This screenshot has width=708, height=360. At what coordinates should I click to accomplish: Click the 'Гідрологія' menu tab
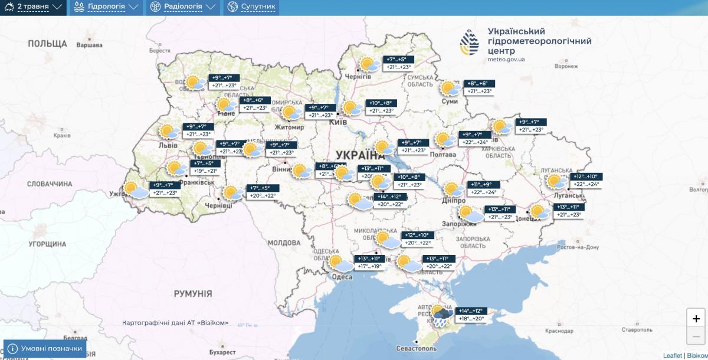click(106, 7)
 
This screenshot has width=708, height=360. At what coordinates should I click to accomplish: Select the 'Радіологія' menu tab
click(182, 7)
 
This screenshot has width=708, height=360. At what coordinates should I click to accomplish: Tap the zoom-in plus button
click(696, 318)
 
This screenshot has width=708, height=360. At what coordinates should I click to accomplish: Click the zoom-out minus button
click(696, 336)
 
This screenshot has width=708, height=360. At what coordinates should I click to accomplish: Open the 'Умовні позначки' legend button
click(45, 349)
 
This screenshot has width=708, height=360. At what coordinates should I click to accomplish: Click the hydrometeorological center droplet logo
click(470, 42)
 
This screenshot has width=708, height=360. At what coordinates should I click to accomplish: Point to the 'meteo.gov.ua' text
click(506, 60)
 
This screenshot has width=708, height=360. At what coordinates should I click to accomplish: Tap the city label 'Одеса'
click(342, 277)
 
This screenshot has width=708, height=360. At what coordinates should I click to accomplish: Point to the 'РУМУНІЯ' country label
click(192, 293)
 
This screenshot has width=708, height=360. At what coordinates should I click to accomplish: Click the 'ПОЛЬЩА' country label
click(47, 44)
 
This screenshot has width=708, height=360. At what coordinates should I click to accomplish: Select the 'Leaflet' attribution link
click(672, 355)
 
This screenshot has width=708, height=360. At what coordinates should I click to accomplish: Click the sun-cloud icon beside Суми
click(451, 89)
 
